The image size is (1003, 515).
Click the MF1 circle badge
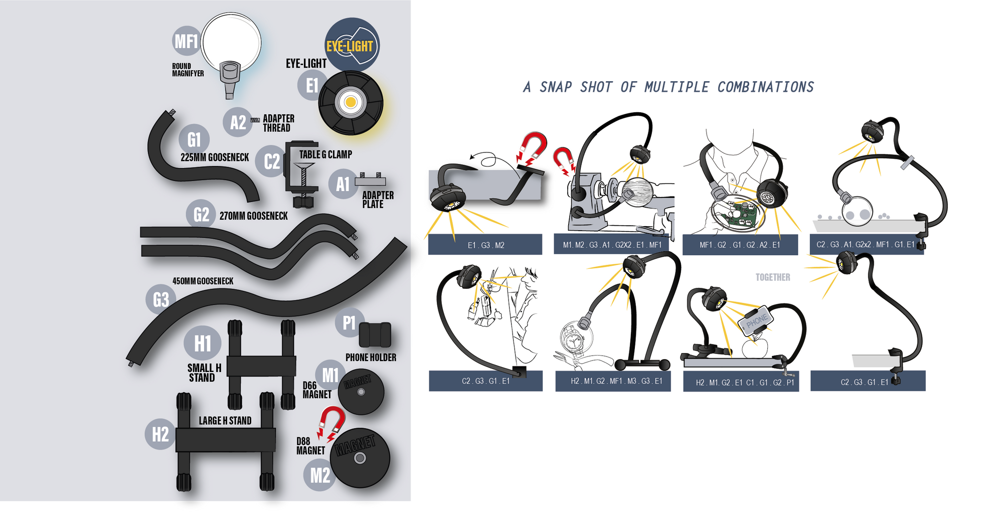point(186,41)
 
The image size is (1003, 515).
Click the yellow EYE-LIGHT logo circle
point(352,45)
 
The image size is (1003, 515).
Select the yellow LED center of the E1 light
point(351,103)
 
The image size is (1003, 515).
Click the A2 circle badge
point(238,122)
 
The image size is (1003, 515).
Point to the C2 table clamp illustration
point(301,173)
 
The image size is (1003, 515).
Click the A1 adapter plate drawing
point(371,180)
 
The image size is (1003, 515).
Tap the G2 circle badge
point(201,215)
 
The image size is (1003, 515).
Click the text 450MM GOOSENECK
point(203,281)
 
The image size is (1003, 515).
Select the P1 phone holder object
point(375,335)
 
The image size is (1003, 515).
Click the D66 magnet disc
point(361,393)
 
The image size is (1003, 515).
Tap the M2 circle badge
point(319,475)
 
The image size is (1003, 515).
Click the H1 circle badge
point(202,344)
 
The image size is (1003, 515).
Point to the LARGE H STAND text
point(225,421)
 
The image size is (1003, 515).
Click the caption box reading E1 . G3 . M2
point(485,245)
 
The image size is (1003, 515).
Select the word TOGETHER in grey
point(772,277)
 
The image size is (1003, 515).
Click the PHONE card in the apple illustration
point(756,319)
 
